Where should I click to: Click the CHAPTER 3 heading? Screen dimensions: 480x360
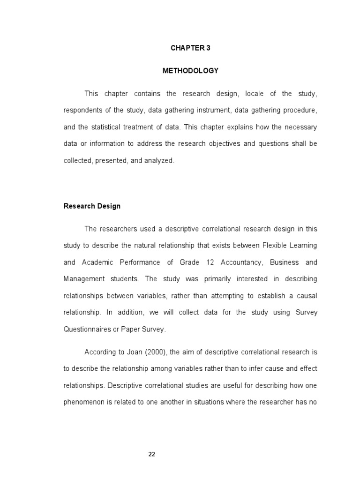[x=190, y=48]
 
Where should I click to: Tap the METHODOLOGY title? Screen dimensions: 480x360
[x=190, y=71]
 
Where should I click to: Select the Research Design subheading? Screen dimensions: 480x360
[x=92, y=206]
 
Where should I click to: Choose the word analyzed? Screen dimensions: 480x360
[x=159, y=160]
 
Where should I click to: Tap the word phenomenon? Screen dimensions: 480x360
[x=84, y=402]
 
